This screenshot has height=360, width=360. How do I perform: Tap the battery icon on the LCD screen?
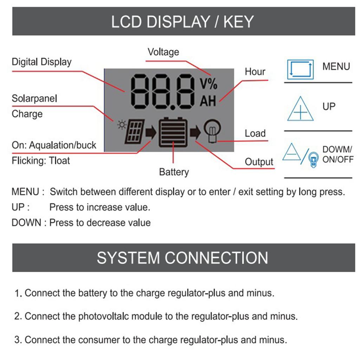coord(173,133)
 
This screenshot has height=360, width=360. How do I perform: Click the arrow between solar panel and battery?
coord(151,133)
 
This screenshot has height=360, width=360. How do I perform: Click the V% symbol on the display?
coord(208,84)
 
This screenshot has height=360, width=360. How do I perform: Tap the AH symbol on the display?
coord(208,101)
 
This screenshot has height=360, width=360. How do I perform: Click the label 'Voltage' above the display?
coord(163,52)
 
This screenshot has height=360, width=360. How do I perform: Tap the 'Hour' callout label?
coord(255,72)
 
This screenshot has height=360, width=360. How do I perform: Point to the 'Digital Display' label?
coord(41,62)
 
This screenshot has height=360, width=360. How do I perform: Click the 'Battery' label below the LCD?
coord(174,172)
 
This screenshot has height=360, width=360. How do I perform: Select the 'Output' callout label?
coord(259,162)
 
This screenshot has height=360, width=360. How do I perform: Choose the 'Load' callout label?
coord(255,134)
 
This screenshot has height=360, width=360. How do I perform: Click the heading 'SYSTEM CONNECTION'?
coord(182,258)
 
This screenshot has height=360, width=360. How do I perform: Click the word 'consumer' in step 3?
coord(100,340)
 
